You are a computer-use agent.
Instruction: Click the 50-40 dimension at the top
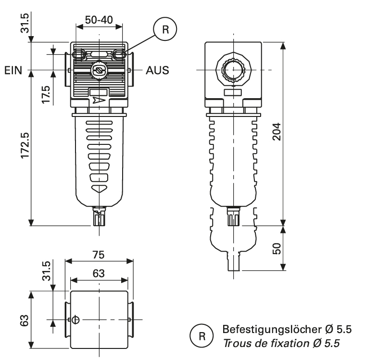point(99,20)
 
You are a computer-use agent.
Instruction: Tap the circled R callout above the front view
point(165,29)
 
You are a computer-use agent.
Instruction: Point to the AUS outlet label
point(157,71)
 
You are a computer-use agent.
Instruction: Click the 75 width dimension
point(99,255)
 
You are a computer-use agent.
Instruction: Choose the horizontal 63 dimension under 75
point(99,272)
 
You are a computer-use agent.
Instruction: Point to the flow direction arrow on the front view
point(98,100)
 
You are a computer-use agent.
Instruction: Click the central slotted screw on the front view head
point(99,71)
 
